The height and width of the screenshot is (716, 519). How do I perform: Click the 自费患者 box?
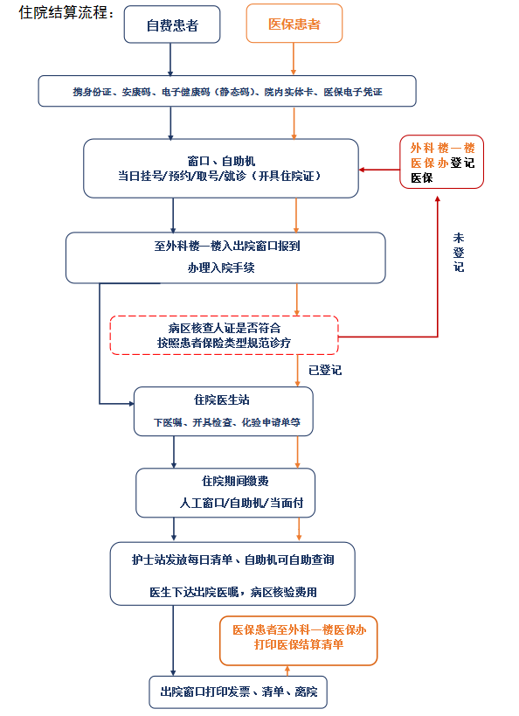coord(172,24)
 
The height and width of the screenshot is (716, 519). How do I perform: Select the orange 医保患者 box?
coord(294,24)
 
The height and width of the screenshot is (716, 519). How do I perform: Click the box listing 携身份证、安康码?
coord(227,91)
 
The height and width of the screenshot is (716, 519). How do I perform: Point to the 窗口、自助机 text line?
coord(221,161)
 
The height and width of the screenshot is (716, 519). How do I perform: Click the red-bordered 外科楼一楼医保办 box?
coord(441,162)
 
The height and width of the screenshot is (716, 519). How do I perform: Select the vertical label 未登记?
coord(459,253)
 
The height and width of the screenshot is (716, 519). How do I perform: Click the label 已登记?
coord(325,370)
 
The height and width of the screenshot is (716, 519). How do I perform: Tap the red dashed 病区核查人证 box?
coord(225,335)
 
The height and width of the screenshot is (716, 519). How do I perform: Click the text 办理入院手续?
coord(221,268)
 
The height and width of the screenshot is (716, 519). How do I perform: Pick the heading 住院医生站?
coord(222,400)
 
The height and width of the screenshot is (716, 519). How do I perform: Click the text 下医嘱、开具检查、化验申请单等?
coord(227,422)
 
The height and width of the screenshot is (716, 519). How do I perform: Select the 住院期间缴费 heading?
coord(235,481)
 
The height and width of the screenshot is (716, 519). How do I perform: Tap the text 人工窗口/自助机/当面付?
coord(241,503)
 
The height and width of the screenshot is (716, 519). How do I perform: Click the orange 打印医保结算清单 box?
coord(299,641)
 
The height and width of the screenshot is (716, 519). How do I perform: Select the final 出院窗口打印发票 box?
coord(239,692)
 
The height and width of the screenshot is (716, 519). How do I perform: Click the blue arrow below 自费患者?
coord(170,59)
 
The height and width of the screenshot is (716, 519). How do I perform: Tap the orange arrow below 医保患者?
coord(294,59)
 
